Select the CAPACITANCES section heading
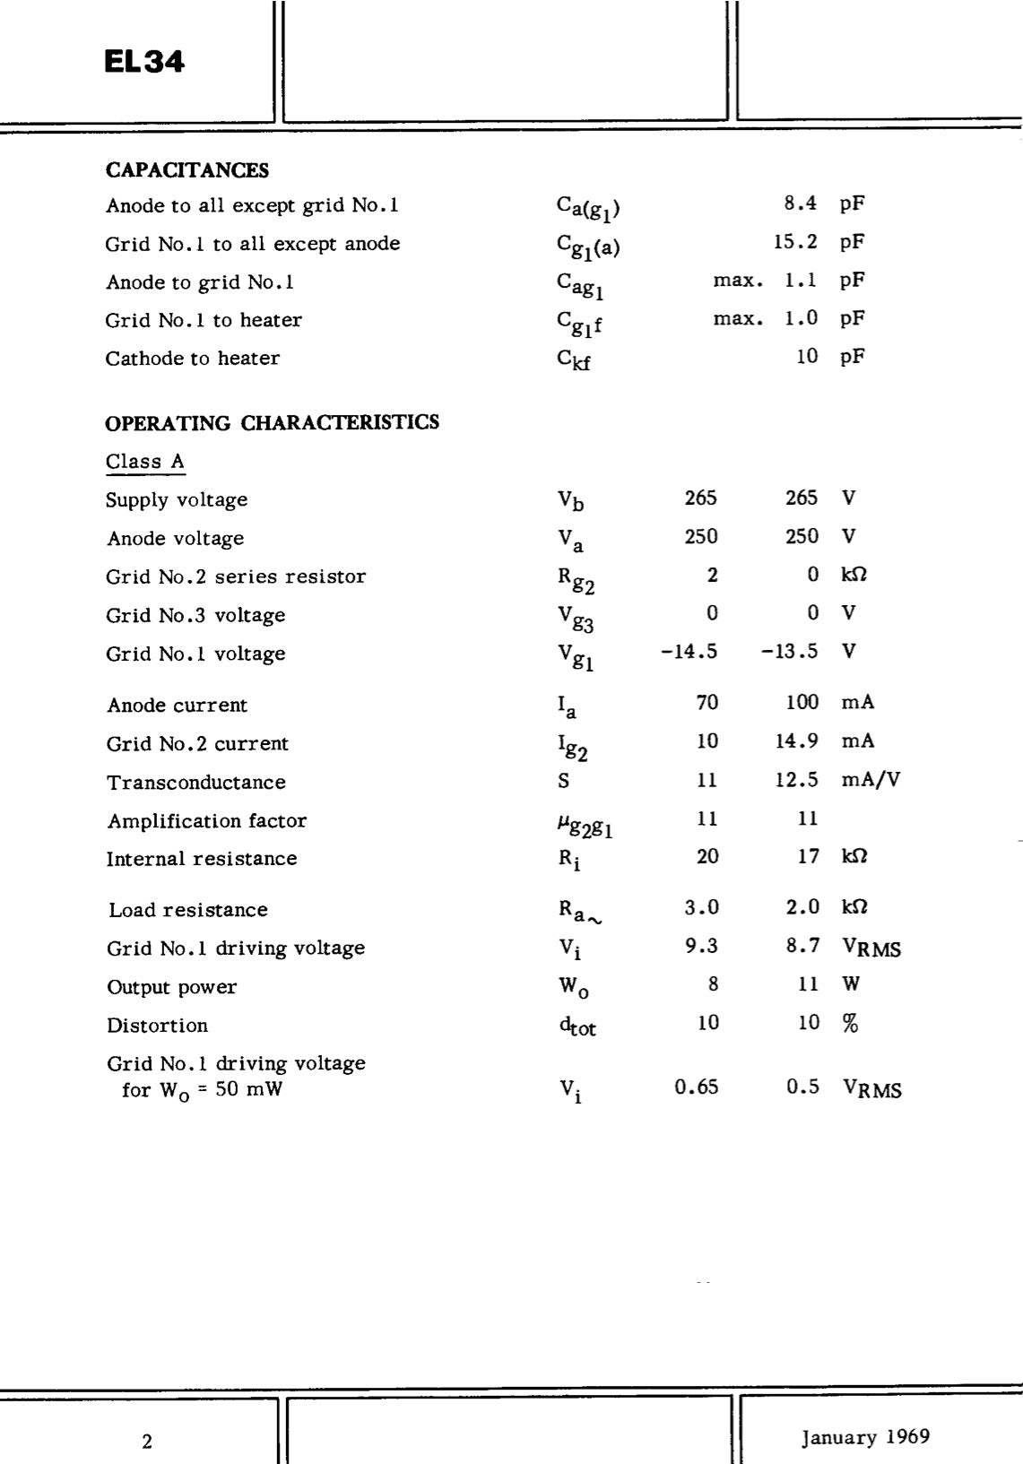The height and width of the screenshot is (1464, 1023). [x=186, y=170]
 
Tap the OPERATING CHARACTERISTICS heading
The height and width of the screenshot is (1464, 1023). [x=272, y=422]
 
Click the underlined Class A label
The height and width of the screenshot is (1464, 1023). [x=145, y=462]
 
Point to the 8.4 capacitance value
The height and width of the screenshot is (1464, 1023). [x=800, y=204]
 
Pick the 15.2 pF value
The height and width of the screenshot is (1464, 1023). [x=795, y=242]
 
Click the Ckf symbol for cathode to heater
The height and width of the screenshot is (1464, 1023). [x=574, y=359]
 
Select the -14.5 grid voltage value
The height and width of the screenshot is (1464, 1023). [x=689, y=652]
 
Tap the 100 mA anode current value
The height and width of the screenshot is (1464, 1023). [x=802, y=702]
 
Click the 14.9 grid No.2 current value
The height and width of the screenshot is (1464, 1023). [x=796, y=741]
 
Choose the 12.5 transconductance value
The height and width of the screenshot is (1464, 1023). [x=796, y=780]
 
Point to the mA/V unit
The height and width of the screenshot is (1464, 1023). [x=871, y=780]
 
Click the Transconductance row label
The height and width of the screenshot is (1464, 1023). [x=196, y=783]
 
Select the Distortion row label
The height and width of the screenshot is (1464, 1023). [x=157, y=1026]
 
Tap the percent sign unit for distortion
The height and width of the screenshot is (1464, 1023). [x=850, y=1023]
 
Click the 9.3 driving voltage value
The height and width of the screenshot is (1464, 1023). [x=701, y=946]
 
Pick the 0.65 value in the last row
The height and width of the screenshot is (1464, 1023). [x=697, y=1087]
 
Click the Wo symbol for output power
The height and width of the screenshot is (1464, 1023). [x=574, y=987]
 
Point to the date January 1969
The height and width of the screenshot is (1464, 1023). [x=865, y=1437]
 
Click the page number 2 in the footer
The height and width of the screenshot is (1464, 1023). [x=147, y=1442]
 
